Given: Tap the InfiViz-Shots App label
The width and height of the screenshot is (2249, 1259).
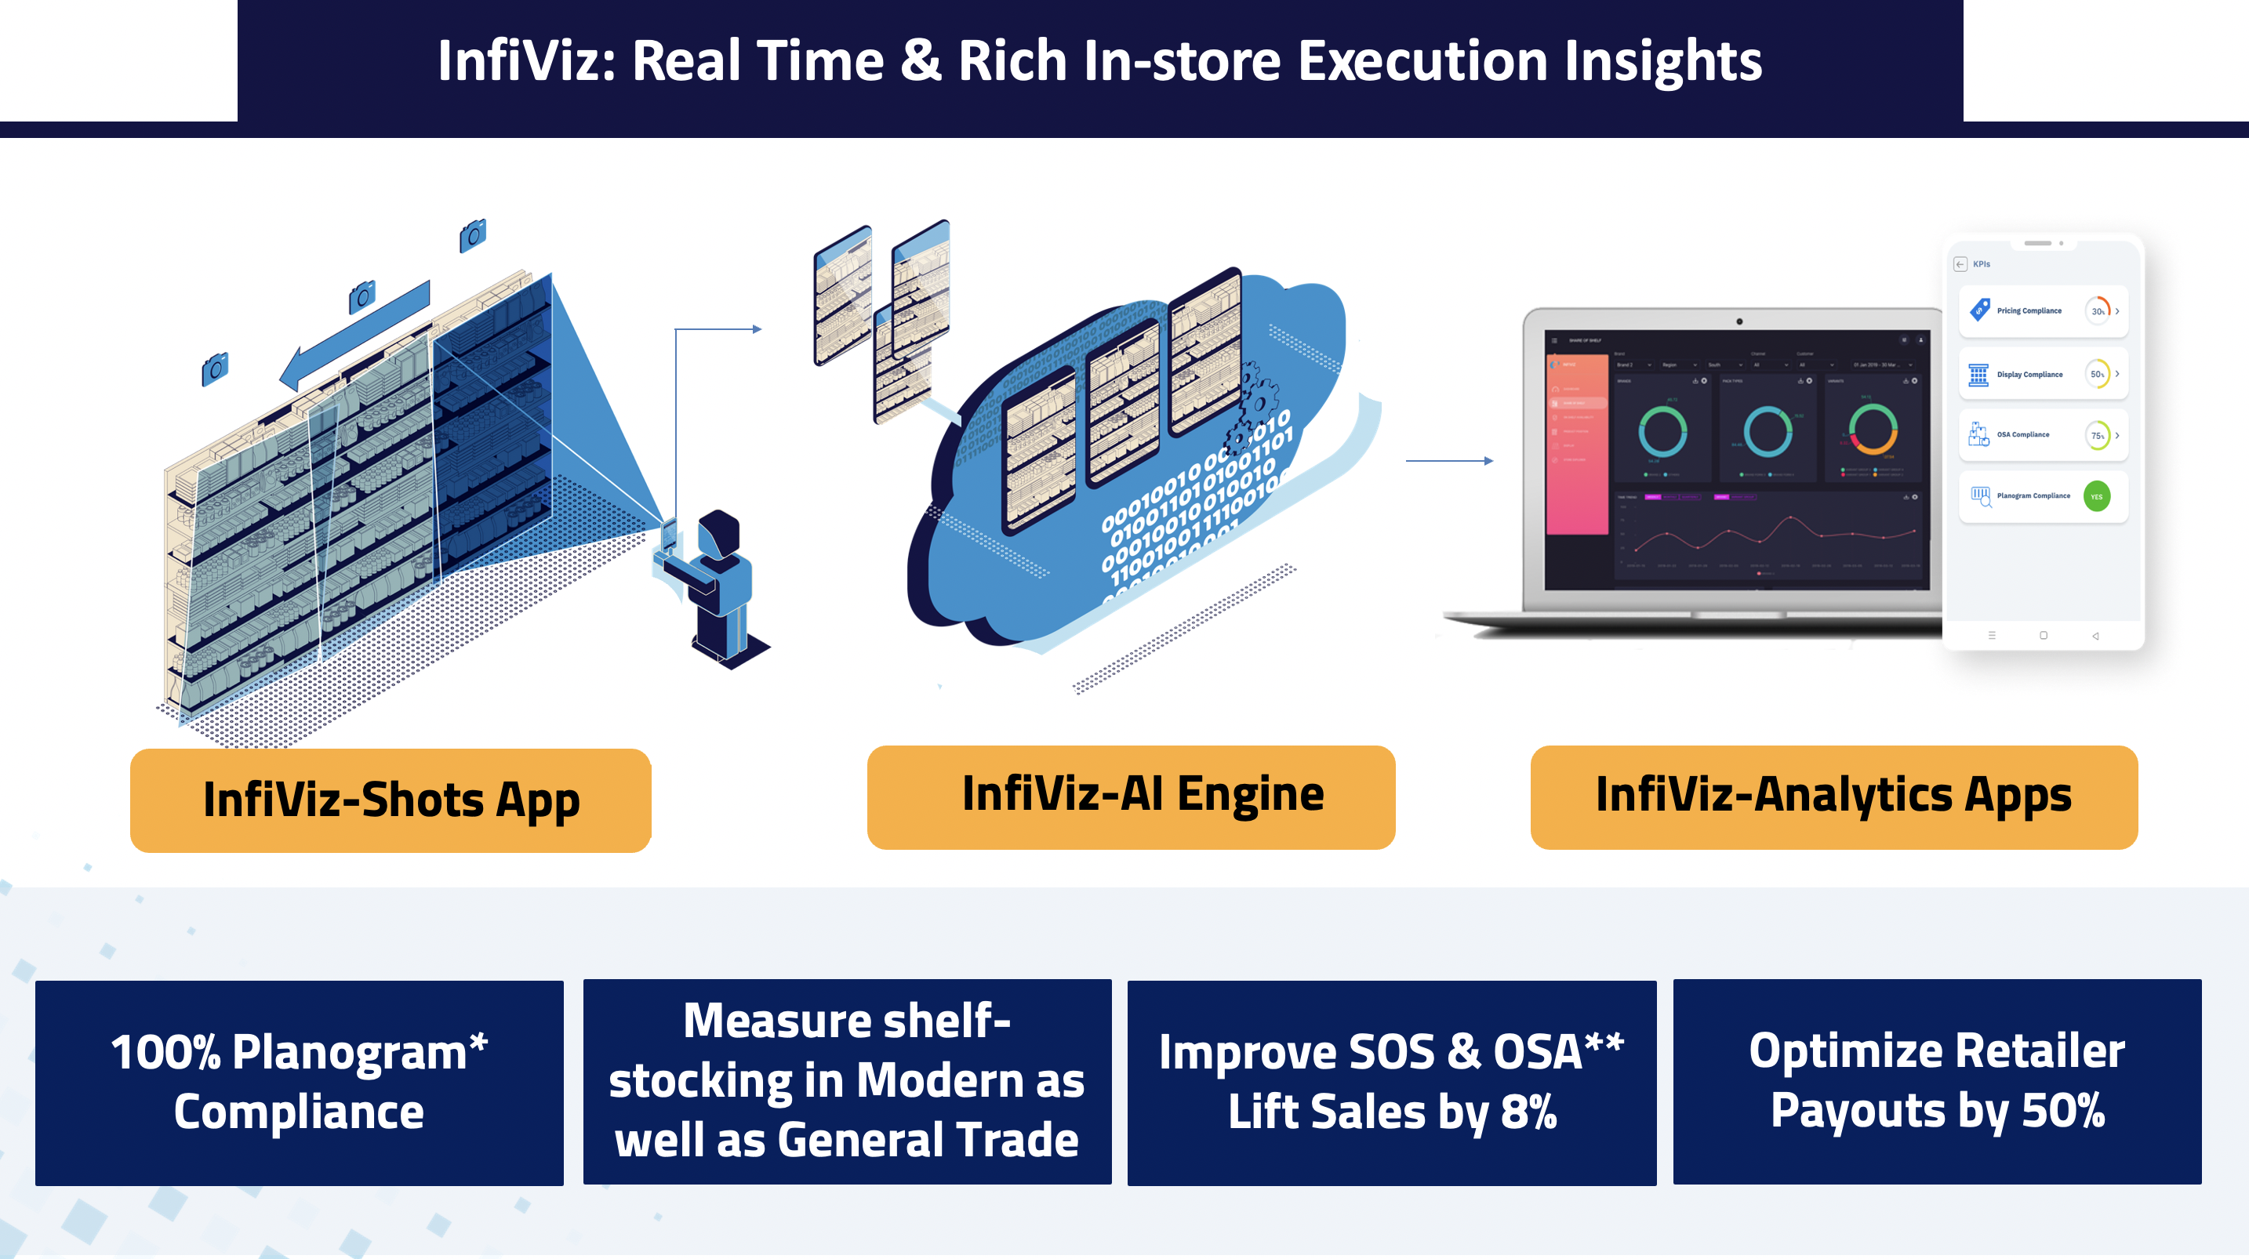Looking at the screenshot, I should (x=391, y=800).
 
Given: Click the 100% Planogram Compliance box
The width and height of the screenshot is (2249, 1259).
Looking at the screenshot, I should (x=300, y=1082).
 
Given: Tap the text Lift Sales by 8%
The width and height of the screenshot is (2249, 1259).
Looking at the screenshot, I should (x=1392, y=1112).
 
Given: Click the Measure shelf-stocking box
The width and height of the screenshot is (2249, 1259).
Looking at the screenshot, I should (x=847, y=1081).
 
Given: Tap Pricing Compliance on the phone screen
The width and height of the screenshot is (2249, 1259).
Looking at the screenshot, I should (x=2028, y=310).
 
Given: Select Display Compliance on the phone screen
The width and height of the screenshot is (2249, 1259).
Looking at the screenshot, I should (x=2029, y=375).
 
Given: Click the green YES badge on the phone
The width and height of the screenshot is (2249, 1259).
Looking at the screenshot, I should (x=2096, y=497).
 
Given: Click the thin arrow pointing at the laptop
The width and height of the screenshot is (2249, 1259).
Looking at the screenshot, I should (x=1448, y=460).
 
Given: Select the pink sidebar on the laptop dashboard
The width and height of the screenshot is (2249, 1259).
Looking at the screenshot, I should (x=1577, y=445).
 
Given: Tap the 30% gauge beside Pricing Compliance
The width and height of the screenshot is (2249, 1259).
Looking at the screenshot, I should (x=2097, y=310).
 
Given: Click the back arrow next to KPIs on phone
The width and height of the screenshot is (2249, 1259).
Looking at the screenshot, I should (x=1960, y=263).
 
